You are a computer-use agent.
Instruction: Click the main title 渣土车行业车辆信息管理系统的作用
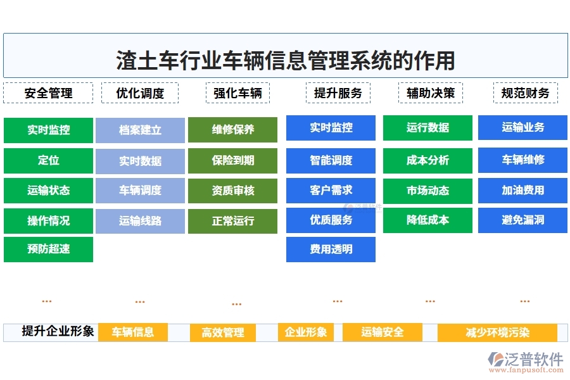(x=285, y=61)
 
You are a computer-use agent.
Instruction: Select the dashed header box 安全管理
(x=48, y=93)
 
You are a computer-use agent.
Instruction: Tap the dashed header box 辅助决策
(x=431, y=93)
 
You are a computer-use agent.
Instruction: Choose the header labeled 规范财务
(x=525, y=93)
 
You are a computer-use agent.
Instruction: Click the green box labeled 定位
(x=48, y=161)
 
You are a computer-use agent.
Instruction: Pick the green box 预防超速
(x=48, y=249)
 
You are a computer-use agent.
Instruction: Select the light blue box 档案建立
(x=140, y=130)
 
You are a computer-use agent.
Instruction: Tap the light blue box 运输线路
(x=140, y=221)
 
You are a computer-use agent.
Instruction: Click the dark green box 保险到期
(x=232, y=161)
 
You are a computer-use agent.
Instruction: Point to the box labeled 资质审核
(x=232, y=190)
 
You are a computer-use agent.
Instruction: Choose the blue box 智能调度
(x=331, y=161)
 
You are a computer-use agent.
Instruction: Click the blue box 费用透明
(x=331, y=250)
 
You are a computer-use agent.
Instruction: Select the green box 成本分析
(x=427, y=161)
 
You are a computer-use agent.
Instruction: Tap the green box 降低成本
(x=427, y=220)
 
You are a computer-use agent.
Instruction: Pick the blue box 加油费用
(x=522, y=190)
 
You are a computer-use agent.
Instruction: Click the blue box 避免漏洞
(x=522, y=220)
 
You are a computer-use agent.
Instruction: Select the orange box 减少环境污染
(x=497, y=332)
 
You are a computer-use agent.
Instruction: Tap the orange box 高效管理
(x=223, y=332)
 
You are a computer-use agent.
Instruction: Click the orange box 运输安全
(x=382, y=332)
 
